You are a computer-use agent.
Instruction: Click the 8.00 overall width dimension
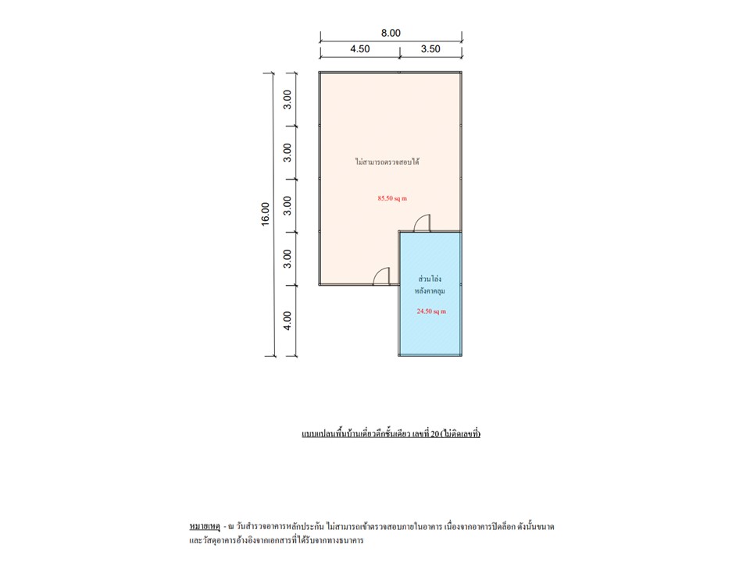coord(391,33)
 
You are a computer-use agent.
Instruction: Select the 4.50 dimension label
coord(359,48)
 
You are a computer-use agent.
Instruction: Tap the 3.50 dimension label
coord(430,48)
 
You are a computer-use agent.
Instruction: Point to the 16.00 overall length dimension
coord(266,214)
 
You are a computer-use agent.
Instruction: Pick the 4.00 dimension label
coord(287,321)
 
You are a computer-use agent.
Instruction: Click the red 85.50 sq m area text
coord(392,198)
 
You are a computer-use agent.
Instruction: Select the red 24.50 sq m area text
coord(431,311)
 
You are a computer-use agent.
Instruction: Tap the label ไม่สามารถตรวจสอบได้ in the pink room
coord(387,162)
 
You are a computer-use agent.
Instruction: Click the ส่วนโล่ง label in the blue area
coord(430,279)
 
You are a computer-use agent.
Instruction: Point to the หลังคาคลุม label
coord(430,290)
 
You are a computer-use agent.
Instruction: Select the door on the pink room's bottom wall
coord(382,276)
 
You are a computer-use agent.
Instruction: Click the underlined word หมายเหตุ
coord(205,527)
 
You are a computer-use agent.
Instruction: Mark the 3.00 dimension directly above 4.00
coord(287,258)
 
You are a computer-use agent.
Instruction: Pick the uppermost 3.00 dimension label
coord(287,99)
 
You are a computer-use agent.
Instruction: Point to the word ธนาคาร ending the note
coord(352,540)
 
